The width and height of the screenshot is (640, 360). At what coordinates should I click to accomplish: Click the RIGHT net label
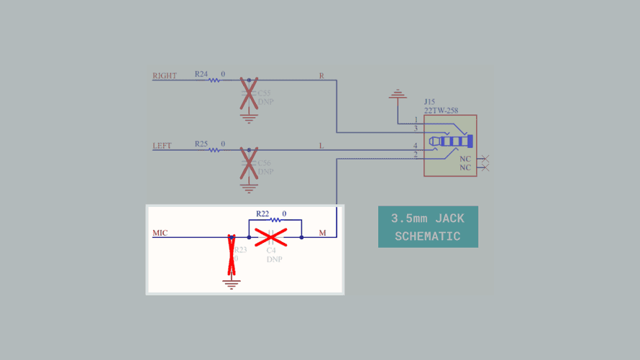[x=165, y=75]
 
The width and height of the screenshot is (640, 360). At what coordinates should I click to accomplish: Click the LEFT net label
[x=163, y=146]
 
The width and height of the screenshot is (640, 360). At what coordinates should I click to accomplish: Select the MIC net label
[x=160, y=233]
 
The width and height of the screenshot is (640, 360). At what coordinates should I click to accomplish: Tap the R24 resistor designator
[x=201, y=74]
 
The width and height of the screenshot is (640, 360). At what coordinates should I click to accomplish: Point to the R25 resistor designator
[x=201, y=144]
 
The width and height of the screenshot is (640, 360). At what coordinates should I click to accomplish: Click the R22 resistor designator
[x=262, y=214]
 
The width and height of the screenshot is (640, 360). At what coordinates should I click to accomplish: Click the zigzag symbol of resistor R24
[x=214, y=80]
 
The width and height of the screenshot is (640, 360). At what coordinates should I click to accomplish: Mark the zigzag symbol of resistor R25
[x=214, y=150]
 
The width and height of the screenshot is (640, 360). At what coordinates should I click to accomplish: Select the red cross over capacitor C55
[x=249, y=94]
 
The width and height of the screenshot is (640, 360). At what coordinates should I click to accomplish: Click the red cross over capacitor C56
[x=249, y=164]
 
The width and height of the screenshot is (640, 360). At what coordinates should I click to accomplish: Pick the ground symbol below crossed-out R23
[x=231, y=284]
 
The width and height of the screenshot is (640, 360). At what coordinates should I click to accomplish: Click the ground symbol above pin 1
[x=397, y=93]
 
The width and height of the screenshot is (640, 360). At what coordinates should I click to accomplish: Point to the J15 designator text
[x=429, y=102]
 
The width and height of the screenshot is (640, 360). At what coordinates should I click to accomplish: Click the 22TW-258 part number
[x=441, y=111]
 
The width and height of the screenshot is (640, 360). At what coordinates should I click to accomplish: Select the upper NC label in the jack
[x=465, y=158]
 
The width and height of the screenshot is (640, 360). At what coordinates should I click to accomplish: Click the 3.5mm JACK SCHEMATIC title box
[x=428, y=227]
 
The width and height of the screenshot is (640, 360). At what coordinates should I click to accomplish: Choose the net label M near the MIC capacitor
[x=322, y=233]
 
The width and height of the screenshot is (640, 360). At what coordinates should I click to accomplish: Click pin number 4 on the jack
[x=415, y=146]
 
